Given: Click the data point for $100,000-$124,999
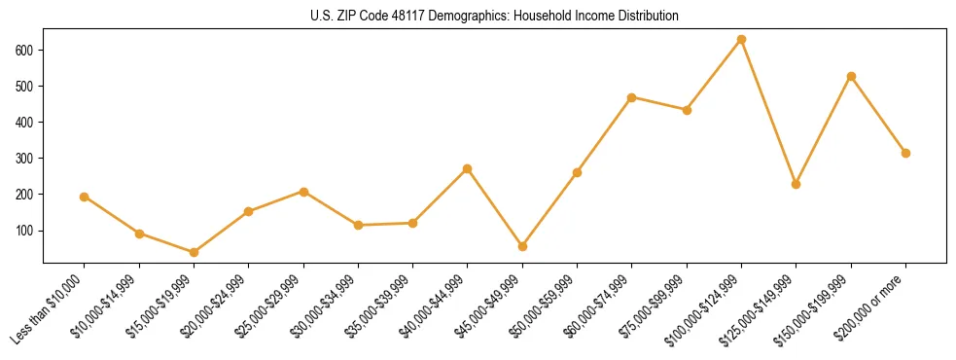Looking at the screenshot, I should click(x=741, y=40).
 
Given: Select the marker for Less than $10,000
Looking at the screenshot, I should click(x=85, y=197).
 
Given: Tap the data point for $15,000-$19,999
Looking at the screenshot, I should click(x=194, y=252).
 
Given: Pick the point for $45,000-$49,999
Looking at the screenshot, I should click(x=522, y=246).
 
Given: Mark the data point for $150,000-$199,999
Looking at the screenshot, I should click(x=851, y=76).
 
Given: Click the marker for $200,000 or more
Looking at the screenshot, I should click(x=905, y=153).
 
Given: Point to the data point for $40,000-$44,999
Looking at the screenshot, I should click(x=468, y=168).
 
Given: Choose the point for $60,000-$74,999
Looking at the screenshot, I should click(x=632, y=97).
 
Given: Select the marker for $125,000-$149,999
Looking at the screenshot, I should click(x=797, y=184).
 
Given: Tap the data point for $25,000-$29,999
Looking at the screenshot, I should click(x=303, y=192).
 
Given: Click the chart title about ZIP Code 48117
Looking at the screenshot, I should click(x=494, y=17).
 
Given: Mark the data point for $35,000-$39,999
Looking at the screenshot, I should click(x=413, y=223).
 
